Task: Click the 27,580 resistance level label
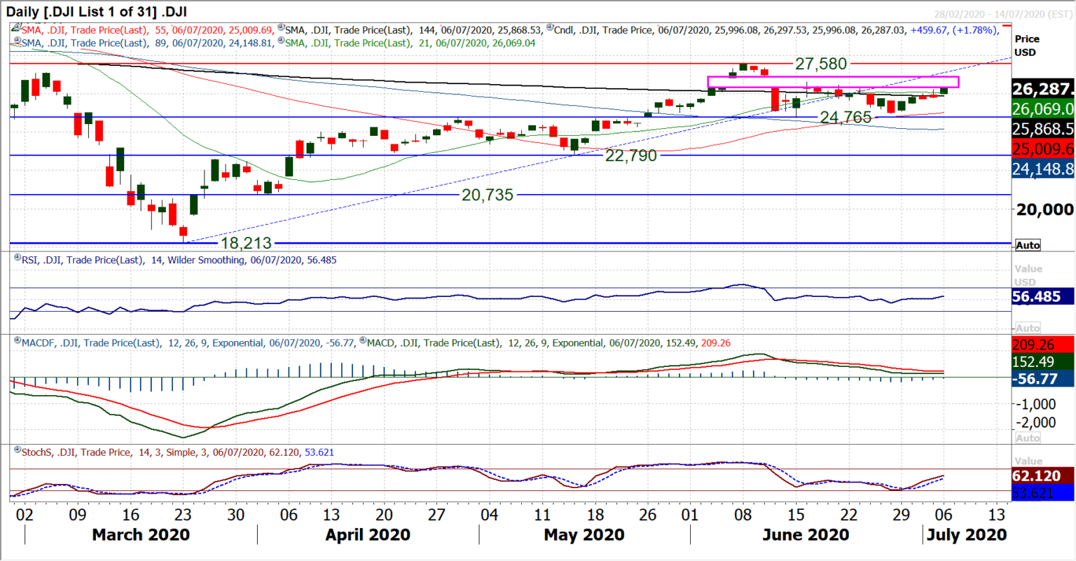coord(821,64)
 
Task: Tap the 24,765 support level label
coord(846,118)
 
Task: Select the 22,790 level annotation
coord(630,155)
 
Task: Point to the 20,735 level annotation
coord(487,195)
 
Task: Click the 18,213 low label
coord(246,244)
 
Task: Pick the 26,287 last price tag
coord(1043,89)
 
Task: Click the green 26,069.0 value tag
coord(1043,109)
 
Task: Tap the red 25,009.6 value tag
coord(1043,149)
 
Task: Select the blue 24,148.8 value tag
coord(1043,169)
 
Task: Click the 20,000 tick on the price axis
coord(1044,209)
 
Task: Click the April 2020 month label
coord(368,535)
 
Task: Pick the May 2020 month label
coord(584,535)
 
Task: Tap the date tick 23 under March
coord(183,515)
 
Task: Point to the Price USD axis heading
coord(1026,46)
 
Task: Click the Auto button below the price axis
coord(1028,245)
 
